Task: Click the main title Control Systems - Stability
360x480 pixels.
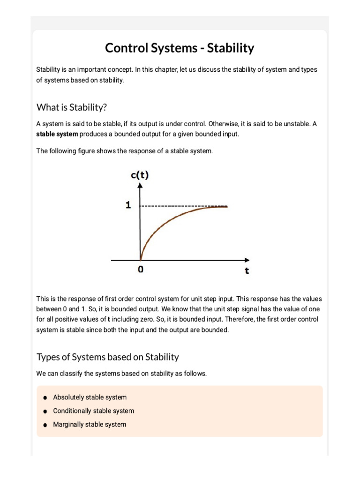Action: click(x=180, y=48)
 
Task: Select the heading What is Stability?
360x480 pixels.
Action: click(x=72, y=107)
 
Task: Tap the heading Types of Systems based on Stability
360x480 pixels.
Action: click(x=108, y=357)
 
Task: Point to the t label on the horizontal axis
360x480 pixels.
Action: click(x=247, y=271)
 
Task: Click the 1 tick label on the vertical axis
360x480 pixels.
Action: click(x=128, y=205)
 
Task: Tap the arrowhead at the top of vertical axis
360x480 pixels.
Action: click(x=140, y=186)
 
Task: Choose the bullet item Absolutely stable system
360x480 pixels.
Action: click(x=90, y=397)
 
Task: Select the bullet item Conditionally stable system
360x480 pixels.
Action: click(x=93, y=411)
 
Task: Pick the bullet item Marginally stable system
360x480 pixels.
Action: click(x=90, y=424)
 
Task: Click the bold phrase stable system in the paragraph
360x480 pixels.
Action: click(x=57, y=134)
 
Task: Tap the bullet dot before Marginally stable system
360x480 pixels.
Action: click(x=45, y=425)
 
